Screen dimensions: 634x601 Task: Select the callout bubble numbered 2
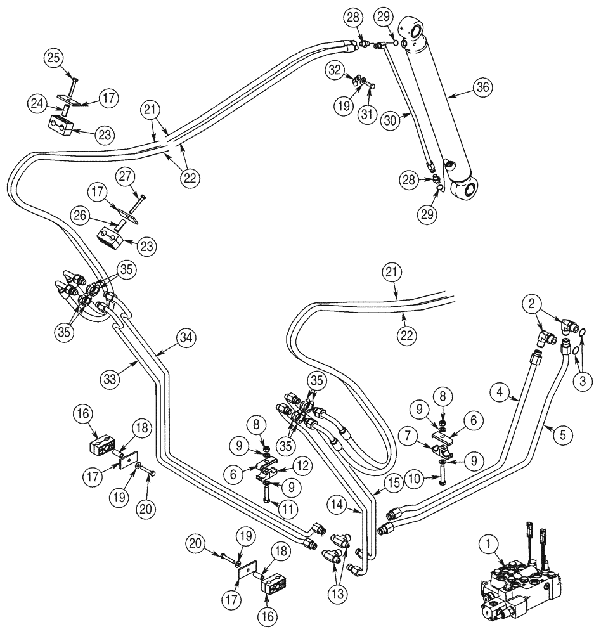pyautogui.click(x=531, y=304)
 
